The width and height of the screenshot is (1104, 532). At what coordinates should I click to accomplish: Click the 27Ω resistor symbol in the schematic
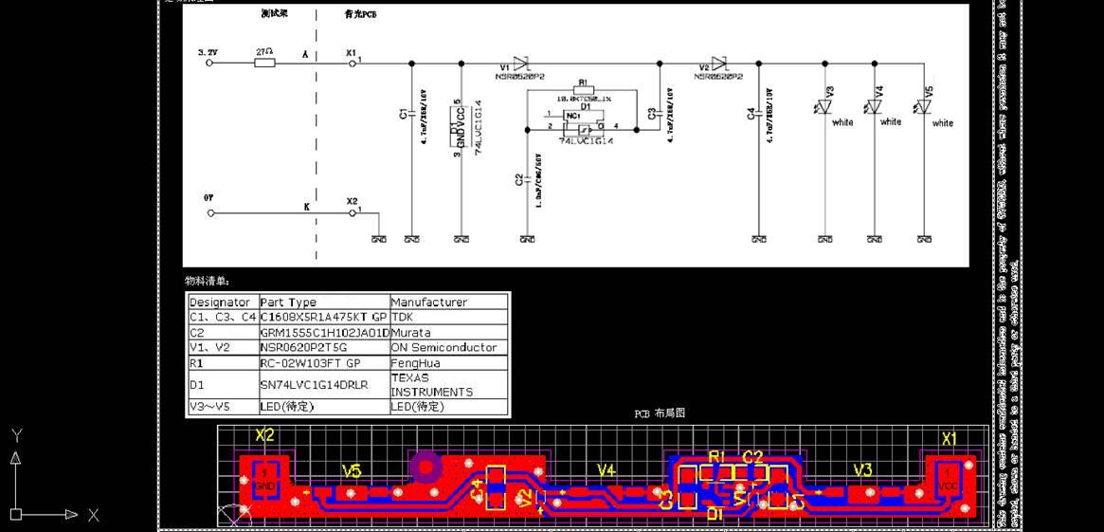coord(265,64)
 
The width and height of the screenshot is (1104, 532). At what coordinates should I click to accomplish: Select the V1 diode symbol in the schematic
coord(520,64)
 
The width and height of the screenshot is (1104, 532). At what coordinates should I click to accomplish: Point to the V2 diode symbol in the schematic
coord(719,64)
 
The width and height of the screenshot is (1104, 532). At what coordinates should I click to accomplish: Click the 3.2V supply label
coord(208,51)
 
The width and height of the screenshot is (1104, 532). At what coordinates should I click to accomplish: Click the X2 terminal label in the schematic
coord(352,201)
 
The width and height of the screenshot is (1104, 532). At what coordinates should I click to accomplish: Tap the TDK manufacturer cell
coord(403,317)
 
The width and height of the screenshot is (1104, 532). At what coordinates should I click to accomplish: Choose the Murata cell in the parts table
coord(411,333)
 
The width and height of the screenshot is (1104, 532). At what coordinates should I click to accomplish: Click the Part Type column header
coord(288,303)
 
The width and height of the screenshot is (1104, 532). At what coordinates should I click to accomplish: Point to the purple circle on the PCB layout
coord(425,466)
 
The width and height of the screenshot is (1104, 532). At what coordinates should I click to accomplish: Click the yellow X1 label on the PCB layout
coord(949,439)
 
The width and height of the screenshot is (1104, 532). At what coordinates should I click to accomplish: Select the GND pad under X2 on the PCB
coord(265,480)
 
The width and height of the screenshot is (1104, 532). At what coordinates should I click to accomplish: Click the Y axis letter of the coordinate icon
coord(16,435)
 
